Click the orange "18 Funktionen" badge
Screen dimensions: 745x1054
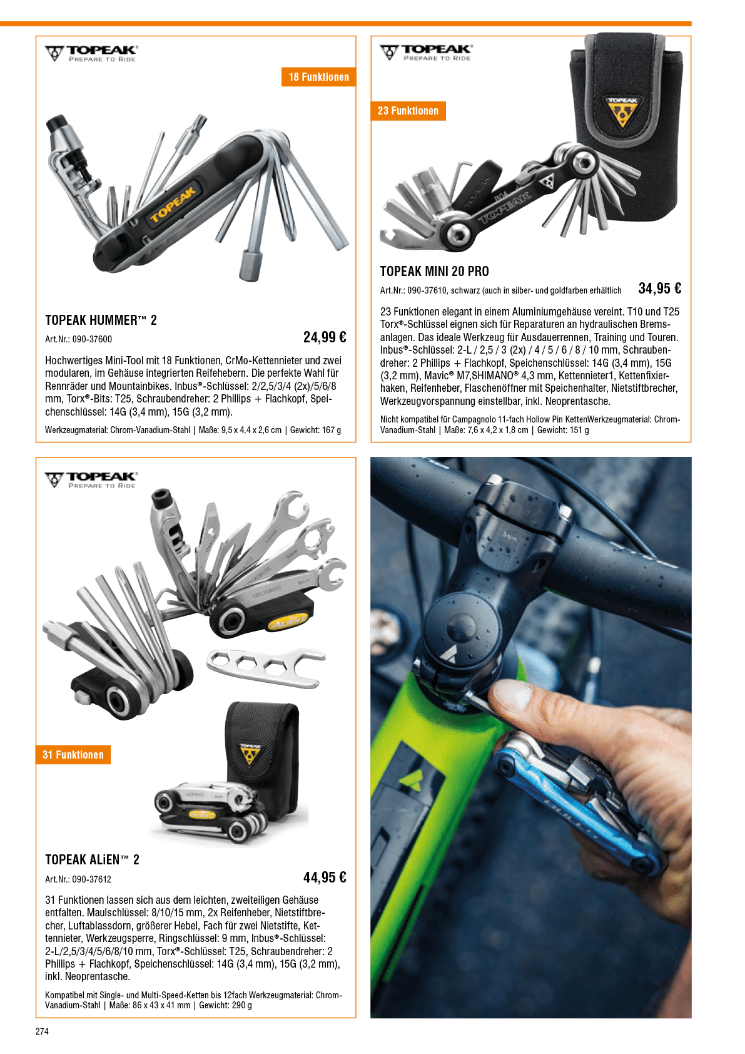(x=318, y=77)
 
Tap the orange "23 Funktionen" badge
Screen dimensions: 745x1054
(x=408, y=111)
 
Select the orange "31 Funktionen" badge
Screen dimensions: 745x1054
(x=73, y=754)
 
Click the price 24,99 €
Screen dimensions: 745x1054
(x=325, y=337)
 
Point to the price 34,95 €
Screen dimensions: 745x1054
(x=659, y=288)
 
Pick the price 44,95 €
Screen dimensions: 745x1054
(x=325, y=877)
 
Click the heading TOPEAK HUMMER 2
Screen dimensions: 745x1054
(x=101, y=320)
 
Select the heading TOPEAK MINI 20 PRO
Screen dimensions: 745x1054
(x=434, y=271)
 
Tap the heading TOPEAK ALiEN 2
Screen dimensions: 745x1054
(x=92, y=860)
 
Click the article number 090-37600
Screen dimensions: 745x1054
(x=92, y=339)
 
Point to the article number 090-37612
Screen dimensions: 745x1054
(x=92, y=879)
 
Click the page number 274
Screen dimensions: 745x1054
(x=42, y=1031)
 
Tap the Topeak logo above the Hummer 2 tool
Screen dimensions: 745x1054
(x=91, y=54)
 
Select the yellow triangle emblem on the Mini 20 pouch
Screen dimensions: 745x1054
(x=622, y=113)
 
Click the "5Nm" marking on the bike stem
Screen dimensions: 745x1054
(x=509, y=536)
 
